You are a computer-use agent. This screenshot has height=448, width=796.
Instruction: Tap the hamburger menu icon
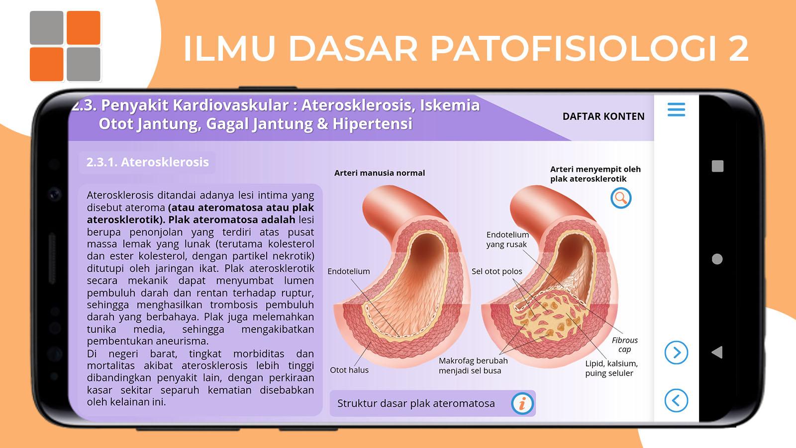(x=676, y=110)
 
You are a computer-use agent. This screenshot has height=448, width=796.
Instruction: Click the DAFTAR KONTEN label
(x=603, y=116)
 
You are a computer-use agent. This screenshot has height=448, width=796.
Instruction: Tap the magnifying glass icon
(x=621, y=198)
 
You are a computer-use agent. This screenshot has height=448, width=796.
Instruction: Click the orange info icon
(x=522, y=404)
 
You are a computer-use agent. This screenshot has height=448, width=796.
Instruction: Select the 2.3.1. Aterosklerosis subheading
(x=147, y=162)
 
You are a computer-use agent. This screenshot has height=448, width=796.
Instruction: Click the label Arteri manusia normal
(x=380, y=173)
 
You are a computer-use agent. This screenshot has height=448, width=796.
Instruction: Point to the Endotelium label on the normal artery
(x=349, y=271)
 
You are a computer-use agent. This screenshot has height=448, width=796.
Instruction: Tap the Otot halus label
(x=349, y=370)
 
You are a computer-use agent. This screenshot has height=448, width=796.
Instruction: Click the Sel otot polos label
(x=497, y=271)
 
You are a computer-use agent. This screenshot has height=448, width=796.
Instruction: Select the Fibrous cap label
(x=625, y=344)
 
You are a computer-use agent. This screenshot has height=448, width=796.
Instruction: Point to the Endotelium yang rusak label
(x=507, y=239)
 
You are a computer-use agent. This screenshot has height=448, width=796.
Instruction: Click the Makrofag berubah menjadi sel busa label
(x=473, y=365)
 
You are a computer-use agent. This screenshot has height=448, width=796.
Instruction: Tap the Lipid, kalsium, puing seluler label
(x=611, y=368)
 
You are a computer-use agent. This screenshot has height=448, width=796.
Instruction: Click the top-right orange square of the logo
(x=84, y=28)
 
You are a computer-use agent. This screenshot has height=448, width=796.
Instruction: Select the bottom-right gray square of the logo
(x=84, y=64)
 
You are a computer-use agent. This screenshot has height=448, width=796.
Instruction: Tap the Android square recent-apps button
(x=717, y=166)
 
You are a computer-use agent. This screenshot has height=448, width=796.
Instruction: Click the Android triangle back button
(x=717, y=352)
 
